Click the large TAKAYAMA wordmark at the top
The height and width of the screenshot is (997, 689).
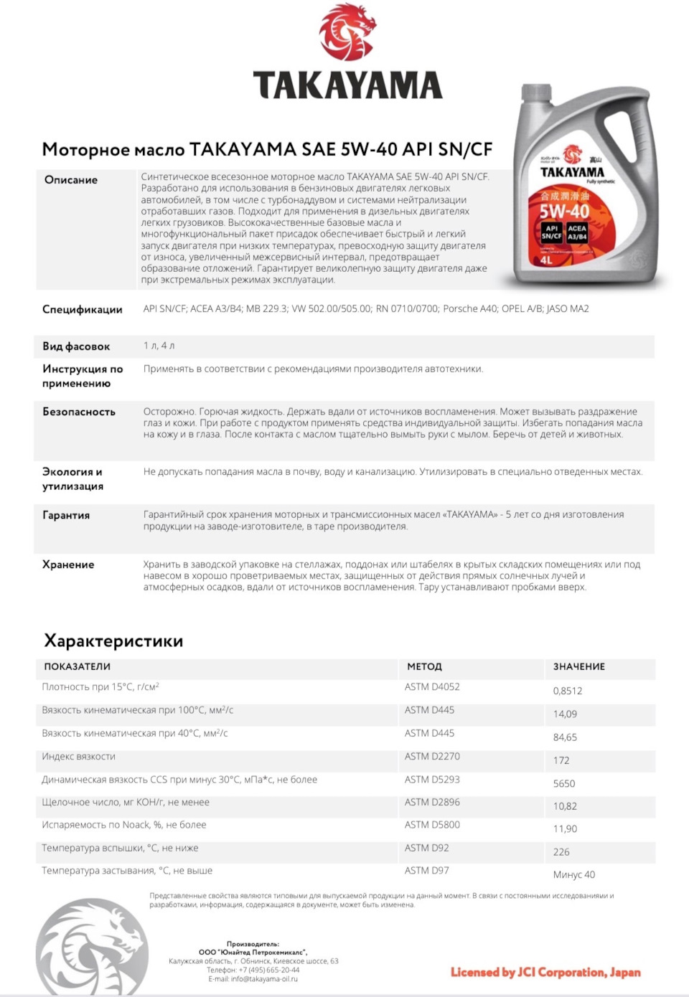pos(347,85)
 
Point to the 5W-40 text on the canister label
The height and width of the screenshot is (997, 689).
pos(564,212)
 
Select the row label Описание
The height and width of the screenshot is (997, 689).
pos(71,180)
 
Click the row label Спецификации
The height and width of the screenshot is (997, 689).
pos(83,309)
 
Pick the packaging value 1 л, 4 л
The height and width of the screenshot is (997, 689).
pos(159,346)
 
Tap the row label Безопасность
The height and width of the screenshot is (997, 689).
pos(79,412)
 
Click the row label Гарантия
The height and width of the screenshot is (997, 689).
pos(66,515)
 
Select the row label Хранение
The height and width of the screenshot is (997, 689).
pos(68,564)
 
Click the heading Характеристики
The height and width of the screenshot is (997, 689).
pos(113,641)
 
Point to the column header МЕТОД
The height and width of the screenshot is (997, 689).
pos(424,666)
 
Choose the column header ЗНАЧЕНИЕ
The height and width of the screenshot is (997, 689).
pos(578,666)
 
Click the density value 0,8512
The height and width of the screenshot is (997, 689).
pos(568,691)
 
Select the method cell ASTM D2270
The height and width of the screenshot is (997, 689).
pos(432,756)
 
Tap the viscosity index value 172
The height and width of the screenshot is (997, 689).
pos(561,760)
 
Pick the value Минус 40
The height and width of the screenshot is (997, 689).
pos(574,874)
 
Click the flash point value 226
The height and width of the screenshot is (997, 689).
pos(561,851)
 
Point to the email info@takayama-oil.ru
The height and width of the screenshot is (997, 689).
pos(253,978)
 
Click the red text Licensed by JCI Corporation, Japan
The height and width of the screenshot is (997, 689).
pos(545,973)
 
